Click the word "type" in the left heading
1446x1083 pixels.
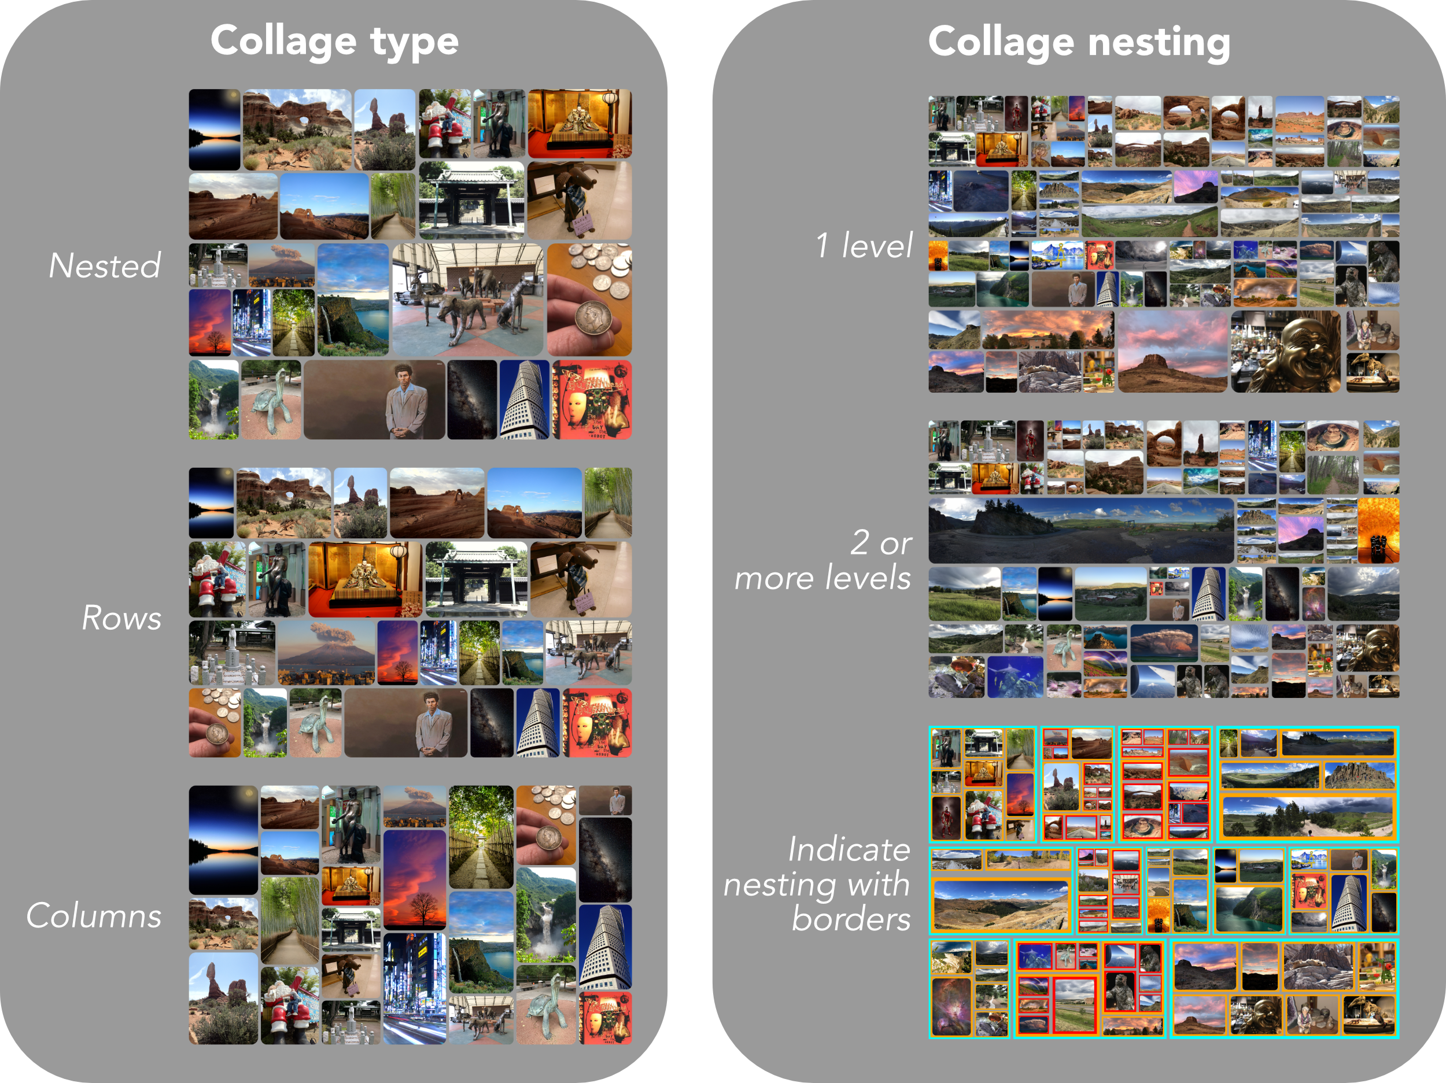pyautogui.click(x=415, y=42)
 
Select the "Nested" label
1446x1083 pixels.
pyautogui.click(x=105, y=265)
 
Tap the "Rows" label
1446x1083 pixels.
pyautogui.click(x=121, y=618)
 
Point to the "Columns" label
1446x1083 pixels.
pyautogui.click(x=94, y=915)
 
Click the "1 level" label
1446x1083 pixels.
pyautogui.click(x=864, y=246)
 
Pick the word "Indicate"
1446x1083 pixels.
pyautogui.click(x=849, y=849)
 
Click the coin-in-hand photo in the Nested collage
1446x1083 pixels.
pyautogui.click(x=589, y=300)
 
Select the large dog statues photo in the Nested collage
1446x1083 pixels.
pyautogui.click(x=467, y=300)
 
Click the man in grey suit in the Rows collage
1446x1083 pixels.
pyautogui.click(x=405, y=723)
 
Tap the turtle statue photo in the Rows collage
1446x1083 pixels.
pyautogui.click(x=316, y=723)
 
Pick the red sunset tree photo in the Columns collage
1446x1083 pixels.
pyautogui.click(x=415, y=879)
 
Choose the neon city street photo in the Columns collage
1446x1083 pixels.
pyautogui.click(x=415, y=987)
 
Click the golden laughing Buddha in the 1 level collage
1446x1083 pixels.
pyautogui.click(x=1285, y=352)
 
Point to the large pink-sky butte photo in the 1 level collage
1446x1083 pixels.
pyautogui.click(x=1173, y=352)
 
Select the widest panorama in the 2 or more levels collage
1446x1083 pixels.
pyautogui.click(x=1080, y=530)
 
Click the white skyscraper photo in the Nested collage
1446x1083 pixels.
pyautogui.click(x=524, y=400)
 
